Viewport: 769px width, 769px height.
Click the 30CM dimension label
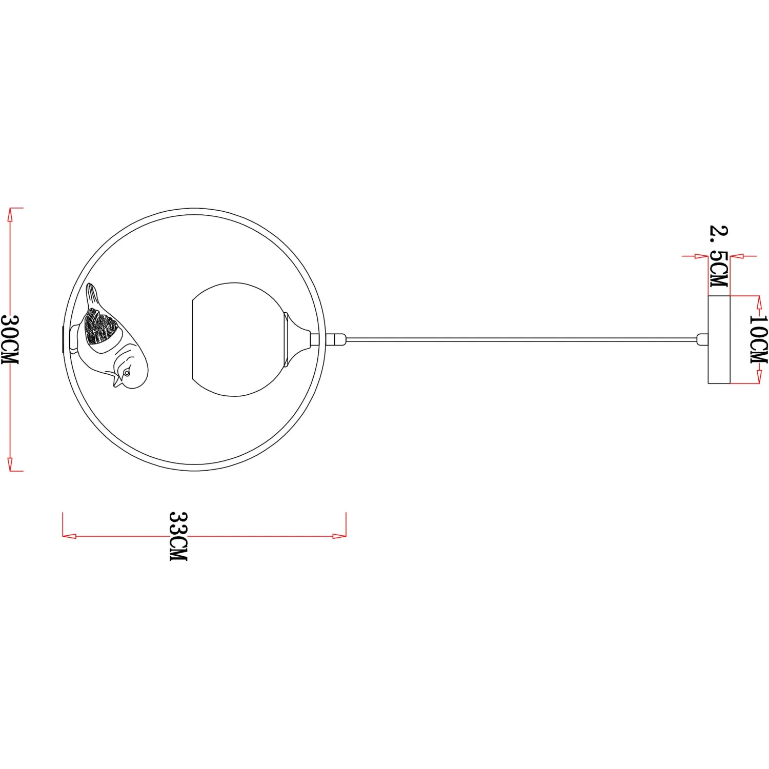point(10,339)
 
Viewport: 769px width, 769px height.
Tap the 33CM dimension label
point(178,536)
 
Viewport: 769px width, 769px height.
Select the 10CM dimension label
point(759,339)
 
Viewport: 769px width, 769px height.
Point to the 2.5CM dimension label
point(719,256)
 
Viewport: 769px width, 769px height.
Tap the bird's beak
point(117,382)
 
